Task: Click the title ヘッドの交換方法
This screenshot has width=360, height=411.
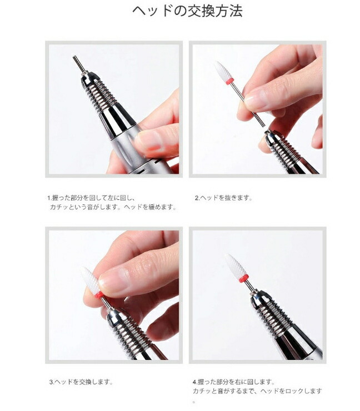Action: (x=187, y=11)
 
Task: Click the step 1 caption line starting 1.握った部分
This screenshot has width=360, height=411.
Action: (x=92, y=198)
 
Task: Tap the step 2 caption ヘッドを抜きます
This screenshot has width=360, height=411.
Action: (x=224, y=198)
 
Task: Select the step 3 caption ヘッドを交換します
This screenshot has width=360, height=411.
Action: (x=81, y=382)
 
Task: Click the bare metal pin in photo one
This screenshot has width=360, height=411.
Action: (x=79, y=64)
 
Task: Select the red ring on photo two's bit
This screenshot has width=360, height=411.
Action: (x=229, y=81)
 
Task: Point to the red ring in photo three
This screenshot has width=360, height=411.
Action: (x=99, y=295)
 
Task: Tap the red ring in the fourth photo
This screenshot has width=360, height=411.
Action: (x=243, y=278)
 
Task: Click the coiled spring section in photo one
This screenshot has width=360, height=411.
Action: (x=102, y=96)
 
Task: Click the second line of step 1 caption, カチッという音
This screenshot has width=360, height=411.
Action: (x=113, y=207)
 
